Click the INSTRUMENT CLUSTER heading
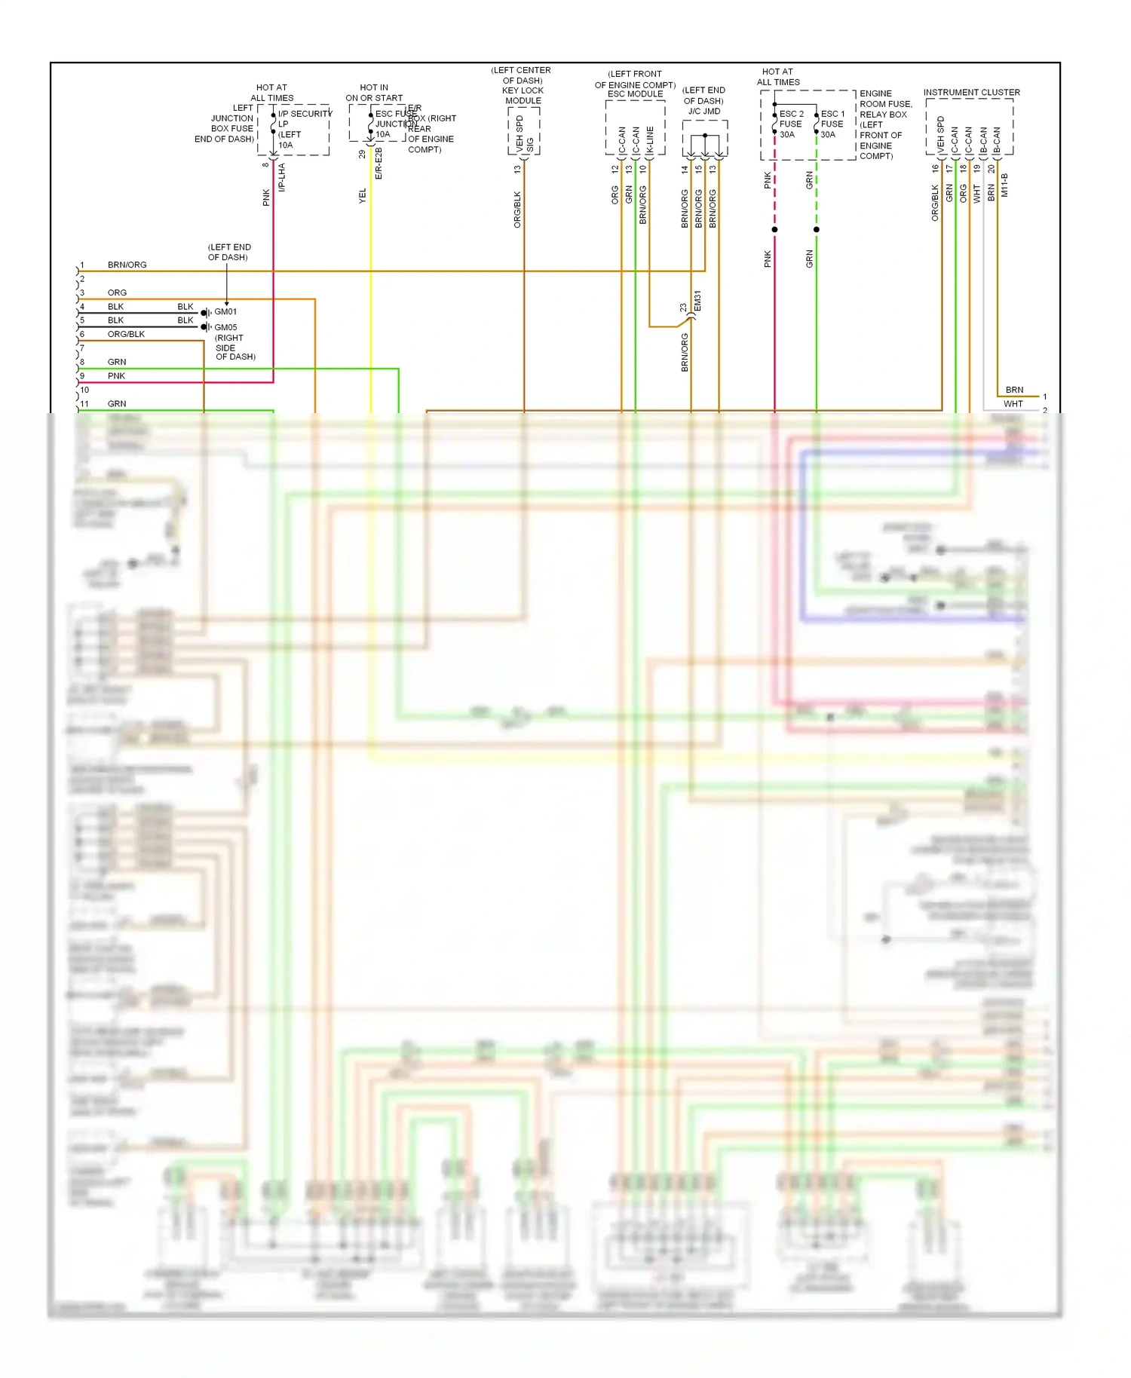971,92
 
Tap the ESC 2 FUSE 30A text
791,124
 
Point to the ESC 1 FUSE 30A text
832,124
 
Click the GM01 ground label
225,311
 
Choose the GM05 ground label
225,327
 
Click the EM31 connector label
697,301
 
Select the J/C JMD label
703,111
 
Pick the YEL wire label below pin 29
363,195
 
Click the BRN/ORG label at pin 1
127,265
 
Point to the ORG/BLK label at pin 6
126,334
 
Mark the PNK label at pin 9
116,375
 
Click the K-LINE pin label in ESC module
650,140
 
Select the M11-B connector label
1004,185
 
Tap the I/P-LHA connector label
282,177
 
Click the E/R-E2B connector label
379,164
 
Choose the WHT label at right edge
1013,404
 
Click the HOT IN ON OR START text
374,93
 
